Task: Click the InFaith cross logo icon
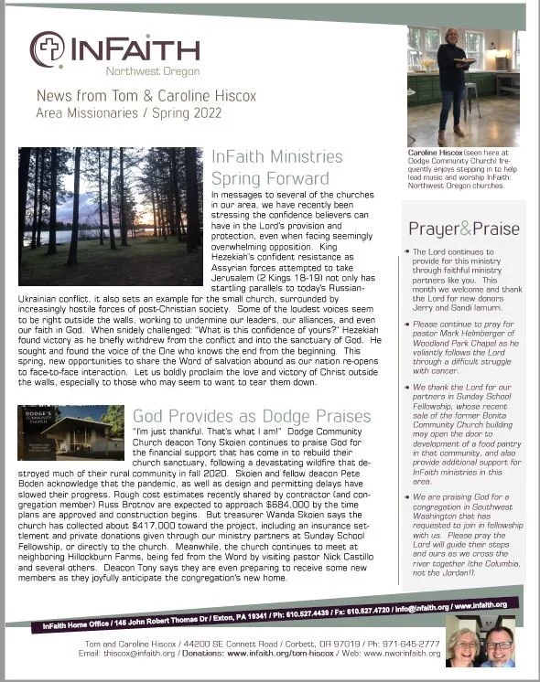(x=47, y=48)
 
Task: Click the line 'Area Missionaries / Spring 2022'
(x=114, y=112)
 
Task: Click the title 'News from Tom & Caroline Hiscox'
(x=127, y=96)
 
